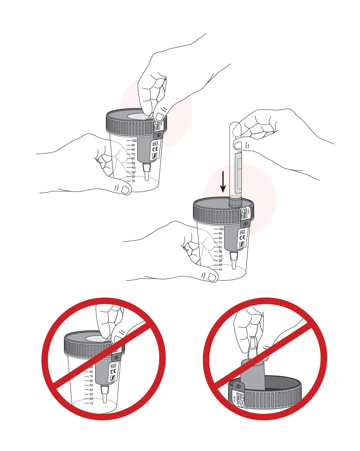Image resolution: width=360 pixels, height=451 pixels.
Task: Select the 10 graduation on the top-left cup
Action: click(133, 181)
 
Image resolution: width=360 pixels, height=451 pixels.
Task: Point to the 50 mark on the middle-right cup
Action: click(220, 252)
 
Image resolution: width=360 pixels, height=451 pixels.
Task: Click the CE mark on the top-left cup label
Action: click(155, 149)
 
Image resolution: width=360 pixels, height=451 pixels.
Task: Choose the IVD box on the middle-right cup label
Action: click(242, 232)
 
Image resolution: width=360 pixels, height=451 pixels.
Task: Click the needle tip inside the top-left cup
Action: click(146, 178)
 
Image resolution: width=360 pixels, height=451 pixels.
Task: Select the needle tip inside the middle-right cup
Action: click(233, 267)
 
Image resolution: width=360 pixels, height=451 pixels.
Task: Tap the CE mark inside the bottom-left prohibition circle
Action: click(113, 371)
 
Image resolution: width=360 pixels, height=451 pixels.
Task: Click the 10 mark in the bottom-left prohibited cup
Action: click(91, 403)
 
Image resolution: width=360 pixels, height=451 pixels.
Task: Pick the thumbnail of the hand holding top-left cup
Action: click(125, 189)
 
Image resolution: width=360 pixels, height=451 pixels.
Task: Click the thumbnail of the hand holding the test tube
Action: click(238, 145)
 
